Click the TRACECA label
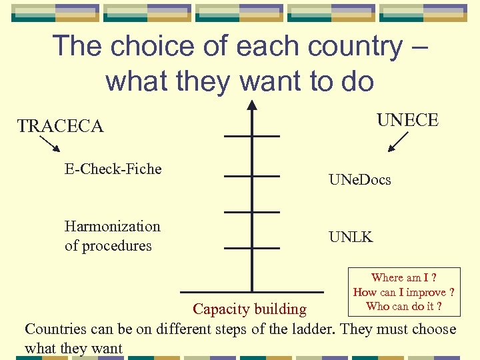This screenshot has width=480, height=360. (x=61, y=126)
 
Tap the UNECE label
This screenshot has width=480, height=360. (x=407, y=120)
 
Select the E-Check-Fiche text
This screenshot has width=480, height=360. (x=113, y=169)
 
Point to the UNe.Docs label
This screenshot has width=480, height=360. (x=359, y=180)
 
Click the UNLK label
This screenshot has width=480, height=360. (x=351, y=237)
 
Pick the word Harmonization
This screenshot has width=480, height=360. (x=113, y=227)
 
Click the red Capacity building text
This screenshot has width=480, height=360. (x=249, y=309)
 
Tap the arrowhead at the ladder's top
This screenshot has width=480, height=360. (x=251, y=105)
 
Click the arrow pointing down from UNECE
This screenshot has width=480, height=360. (x=399, y=141)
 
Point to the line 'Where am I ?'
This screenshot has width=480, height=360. (x=403, y=278)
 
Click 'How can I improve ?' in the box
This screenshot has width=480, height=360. (x=403, y=292)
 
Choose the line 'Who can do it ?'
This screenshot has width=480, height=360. (x=403, y=307)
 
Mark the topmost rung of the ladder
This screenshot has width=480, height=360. (x=252, y=136)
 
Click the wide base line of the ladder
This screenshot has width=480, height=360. (x=252, y=291)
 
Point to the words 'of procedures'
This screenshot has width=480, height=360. (x=108, y=246)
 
